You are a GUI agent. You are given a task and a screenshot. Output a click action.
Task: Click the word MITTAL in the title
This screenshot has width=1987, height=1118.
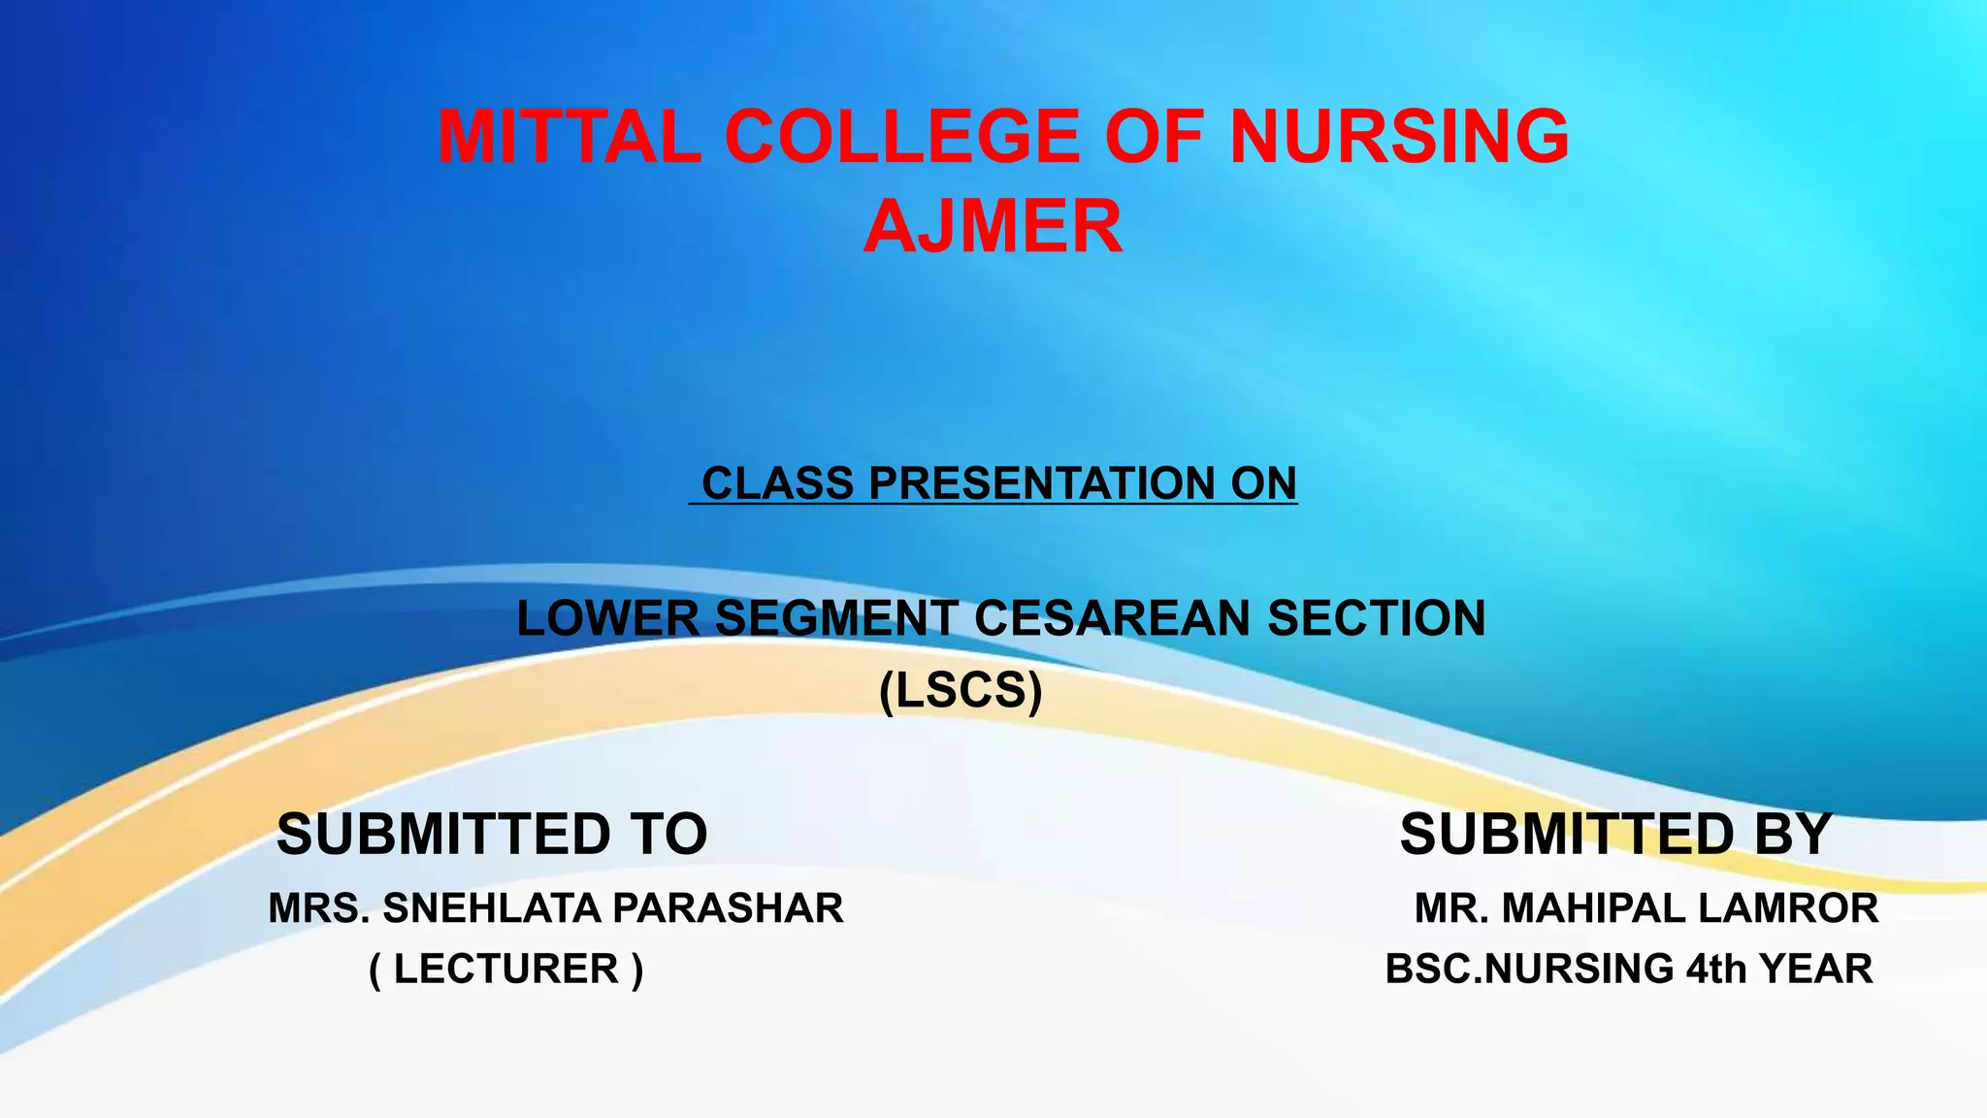[569, 136]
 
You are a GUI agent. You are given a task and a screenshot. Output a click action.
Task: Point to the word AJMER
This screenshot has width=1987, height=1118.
[993, 226]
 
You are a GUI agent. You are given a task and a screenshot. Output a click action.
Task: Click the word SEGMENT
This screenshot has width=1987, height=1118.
[837, 618]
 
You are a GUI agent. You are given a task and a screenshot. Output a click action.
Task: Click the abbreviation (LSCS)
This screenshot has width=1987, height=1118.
[961, 690]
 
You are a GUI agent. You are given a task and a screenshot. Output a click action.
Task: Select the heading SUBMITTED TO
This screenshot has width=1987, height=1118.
[492, 834]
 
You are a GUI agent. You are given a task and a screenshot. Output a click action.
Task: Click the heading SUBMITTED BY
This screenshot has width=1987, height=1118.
[1615, 834]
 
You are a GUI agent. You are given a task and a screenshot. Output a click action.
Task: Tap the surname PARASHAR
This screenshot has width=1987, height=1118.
[728, 908]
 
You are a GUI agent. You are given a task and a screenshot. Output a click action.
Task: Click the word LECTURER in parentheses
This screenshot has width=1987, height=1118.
[505, 969]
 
